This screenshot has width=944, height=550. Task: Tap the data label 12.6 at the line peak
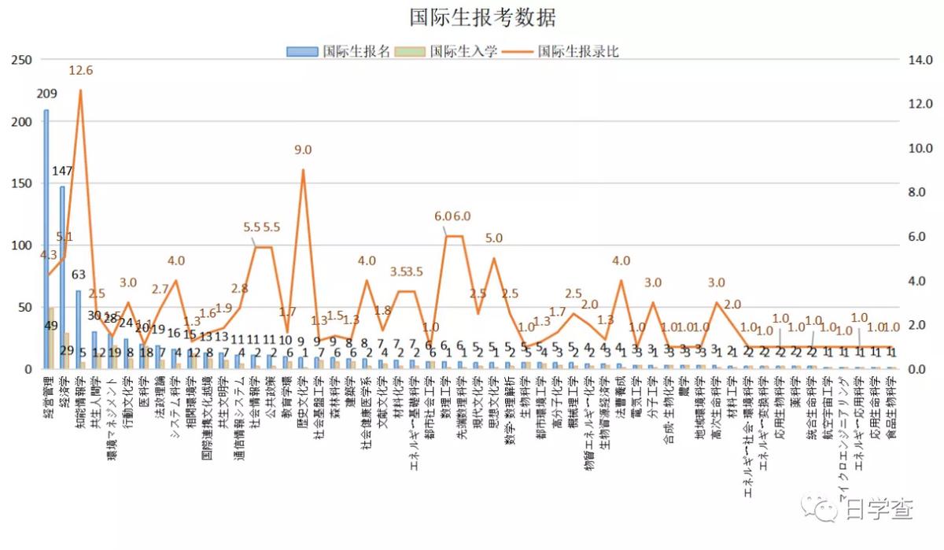click(81, 71)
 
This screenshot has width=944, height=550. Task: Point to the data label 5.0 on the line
click(494, 238)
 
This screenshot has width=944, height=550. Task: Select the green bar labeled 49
click(51, 338)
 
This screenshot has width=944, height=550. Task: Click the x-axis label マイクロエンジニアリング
click(843, 433)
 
